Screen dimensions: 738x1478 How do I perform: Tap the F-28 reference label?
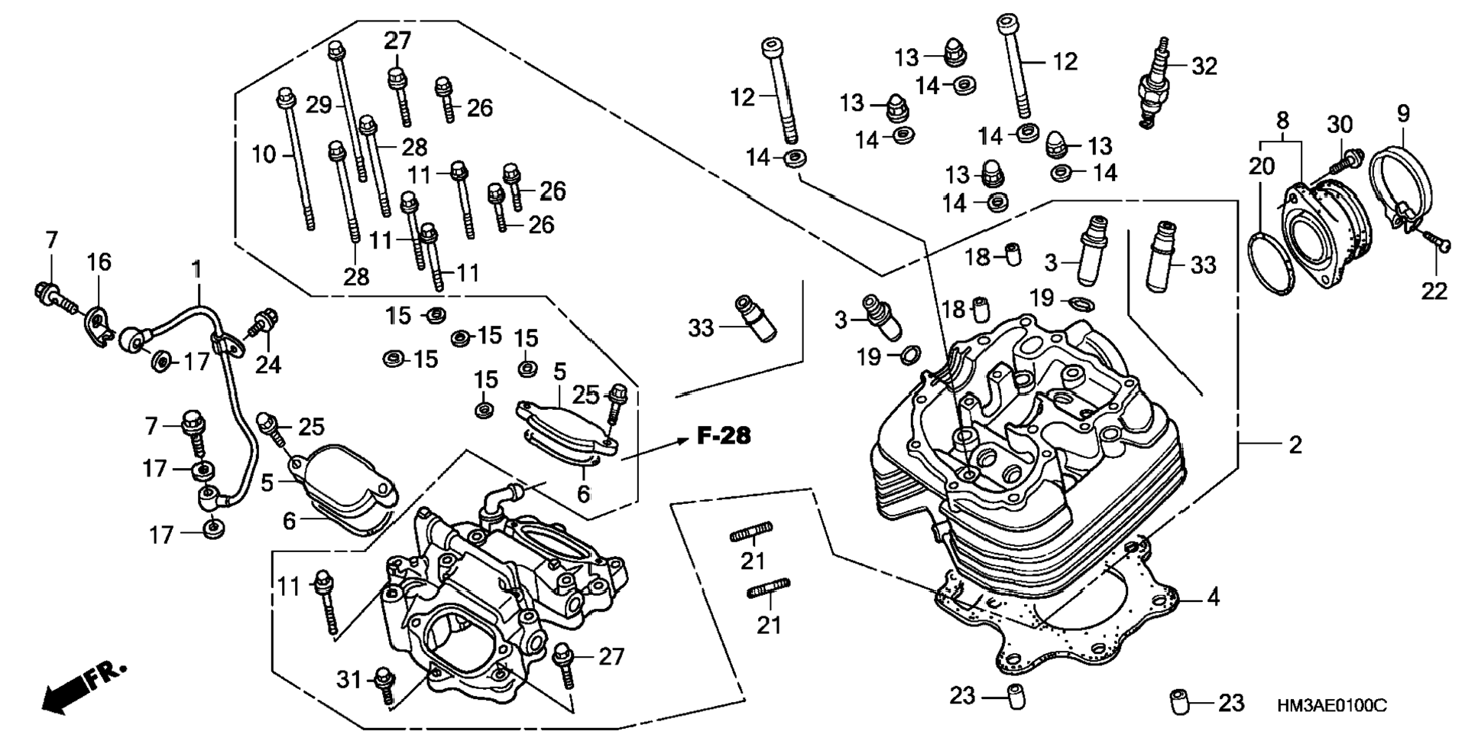pos(724,436)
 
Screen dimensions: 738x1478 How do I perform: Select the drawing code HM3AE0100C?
pos(1331,705)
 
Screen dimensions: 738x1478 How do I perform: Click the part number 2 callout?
pos(1295,444)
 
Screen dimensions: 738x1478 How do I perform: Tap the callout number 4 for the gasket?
pos(1214,597)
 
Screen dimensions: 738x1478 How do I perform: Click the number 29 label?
pos(319,105)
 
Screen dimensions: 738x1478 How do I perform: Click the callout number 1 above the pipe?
pos(197,269)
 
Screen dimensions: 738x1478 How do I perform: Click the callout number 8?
pos(1282,120)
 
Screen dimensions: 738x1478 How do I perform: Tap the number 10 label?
pos(264,154)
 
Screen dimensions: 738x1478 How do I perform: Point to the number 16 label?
pos(99,262)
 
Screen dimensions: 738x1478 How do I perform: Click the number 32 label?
pos(1204,67)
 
